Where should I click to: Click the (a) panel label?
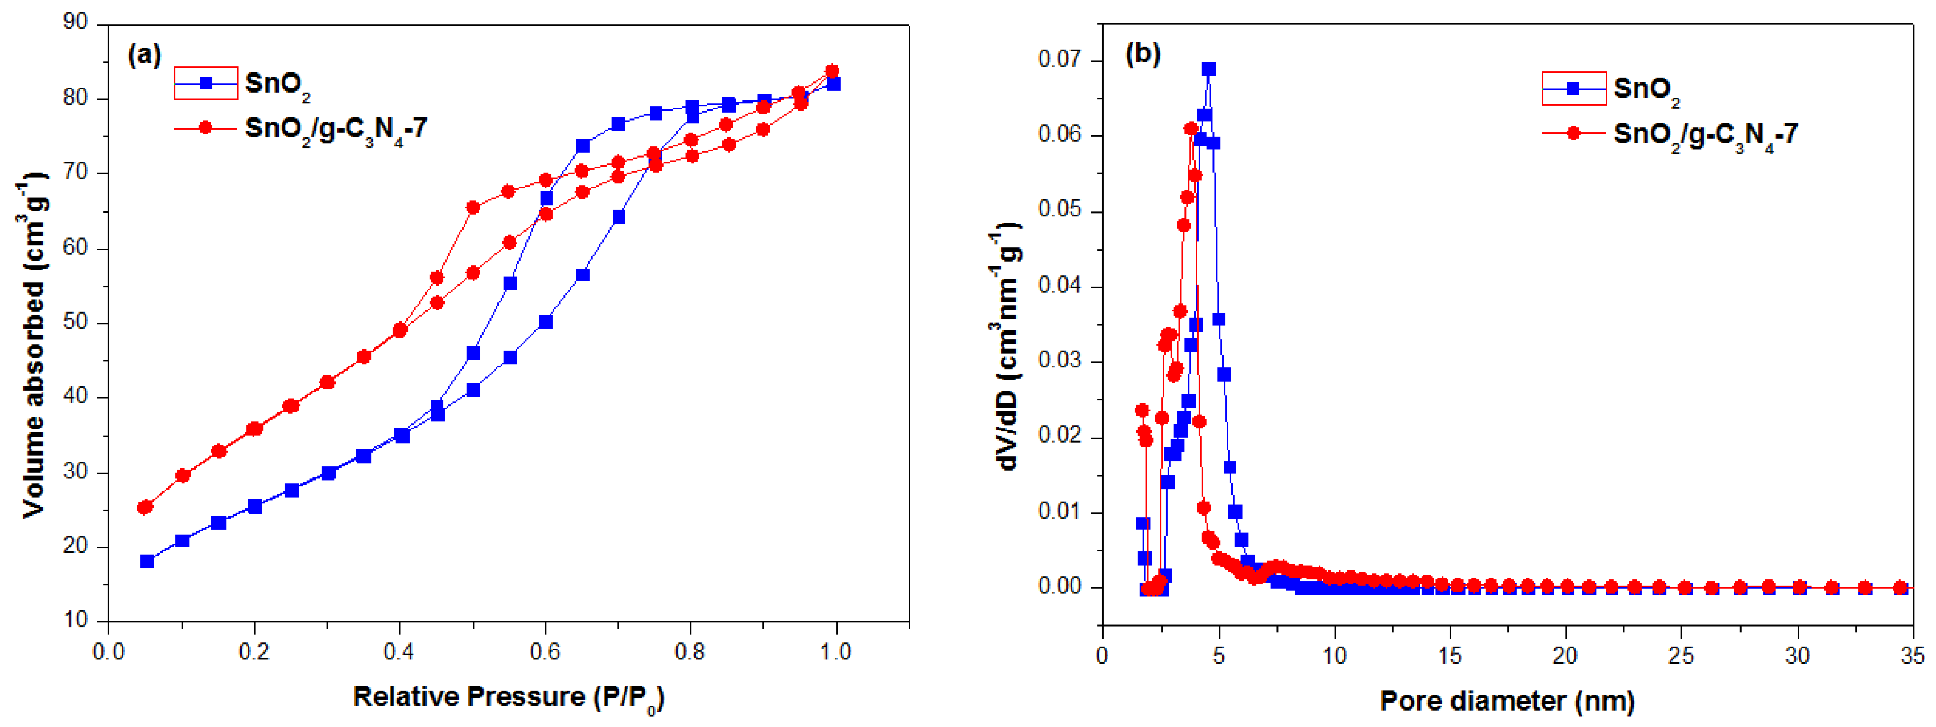click(144, 55)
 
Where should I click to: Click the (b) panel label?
click(1142, 53)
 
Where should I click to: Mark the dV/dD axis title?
click(1006, 346)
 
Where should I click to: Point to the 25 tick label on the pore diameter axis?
click(1681, 656)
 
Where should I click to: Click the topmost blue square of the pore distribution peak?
click(1209, 69)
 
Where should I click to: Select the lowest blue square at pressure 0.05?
click(147, 562)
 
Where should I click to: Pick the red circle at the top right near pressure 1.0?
click(831, 71)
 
